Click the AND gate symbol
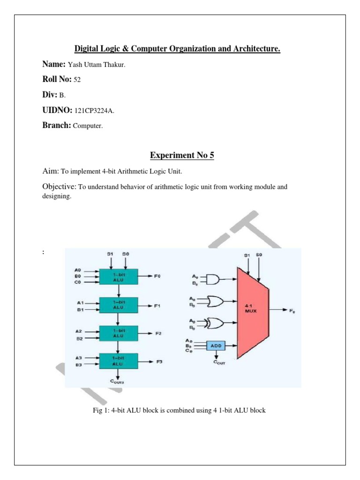[212, 280]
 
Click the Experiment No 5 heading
[182, 155]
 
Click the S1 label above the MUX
[247, 255]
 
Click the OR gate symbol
[213, 301]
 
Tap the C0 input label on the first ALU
[78, 282]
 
